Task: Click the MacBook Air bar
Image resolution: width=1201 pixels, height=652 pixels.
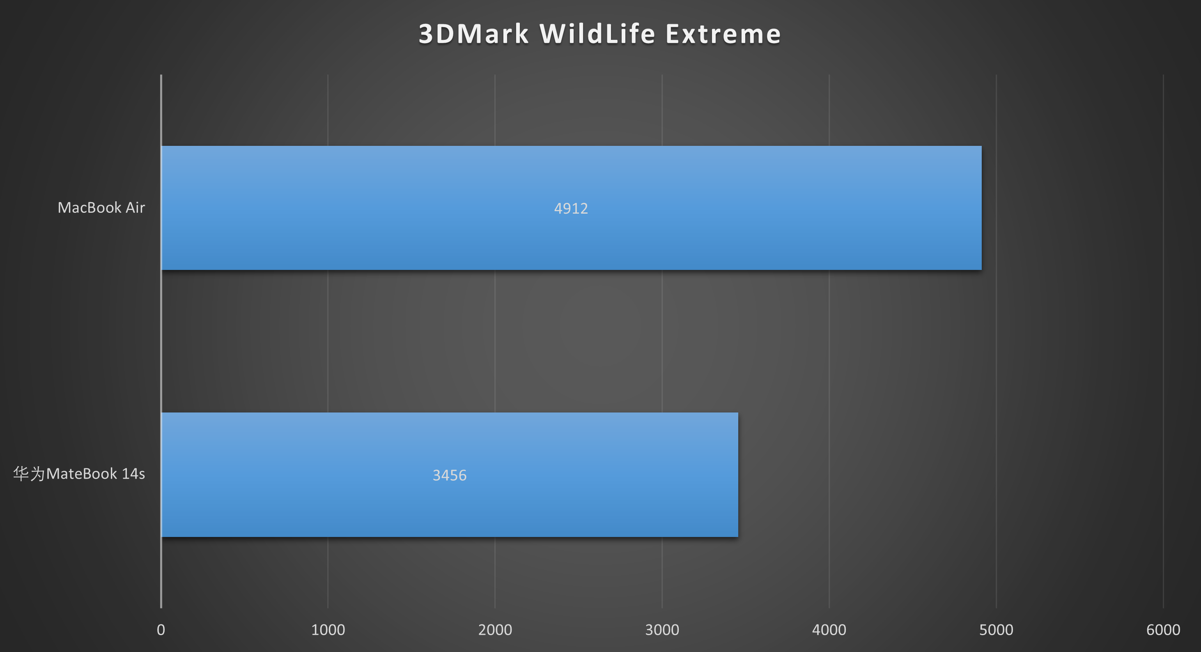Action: pos(571,207)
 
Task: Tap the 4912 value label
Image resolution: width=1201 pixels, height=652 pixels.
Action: pos(571,208)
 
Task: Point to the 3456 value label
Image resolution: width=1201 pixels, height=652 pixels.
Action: pos(450,475)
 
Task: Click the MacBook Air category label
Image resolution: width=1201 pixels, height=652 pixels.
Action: pos(101,207)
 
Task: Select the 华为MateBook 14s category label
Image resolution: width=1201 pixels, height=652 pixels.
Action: pos(79,474)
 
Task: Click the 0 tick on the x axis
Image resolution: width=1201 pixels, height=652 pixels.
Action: pos(161,630)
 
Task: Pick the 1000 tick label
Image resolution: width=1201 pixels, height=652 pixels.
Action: pos(328,630)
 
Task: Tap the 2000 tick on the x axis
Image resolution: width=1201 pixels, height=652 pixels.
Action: pos(495,630)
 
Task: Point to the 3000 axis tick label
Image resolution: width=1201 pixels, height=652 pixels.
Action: pos(662,630)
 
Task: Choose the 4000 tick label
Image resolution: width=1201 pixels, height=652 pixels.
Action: pos(829,630)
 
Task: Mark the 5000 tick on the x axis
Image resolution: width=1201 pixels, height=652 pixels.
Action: pos(997,630)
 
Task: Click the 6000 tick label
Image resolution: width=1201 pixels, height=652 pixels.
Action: pos(1163,630)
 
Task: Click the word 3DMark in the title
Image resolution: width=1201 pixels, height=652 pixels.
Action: pos(474,34)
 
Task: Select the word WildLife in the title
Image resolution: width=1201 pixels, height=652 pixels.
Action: pos(598,34)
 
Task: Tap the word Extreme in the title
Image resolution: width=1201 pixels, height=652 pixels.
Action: pos(723,34)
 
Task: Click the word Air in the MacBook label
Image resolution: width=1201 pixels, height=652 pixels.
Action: pos(135,207)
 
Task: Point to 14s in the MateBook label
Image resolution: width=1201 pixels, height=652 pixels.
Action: pos(133,474)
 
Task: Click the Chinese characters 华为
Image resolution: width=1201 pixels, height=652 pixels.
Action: pos(29,474)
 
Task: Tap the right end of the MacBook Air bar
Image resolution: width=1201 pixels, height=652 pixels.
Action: pos(981,207)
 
